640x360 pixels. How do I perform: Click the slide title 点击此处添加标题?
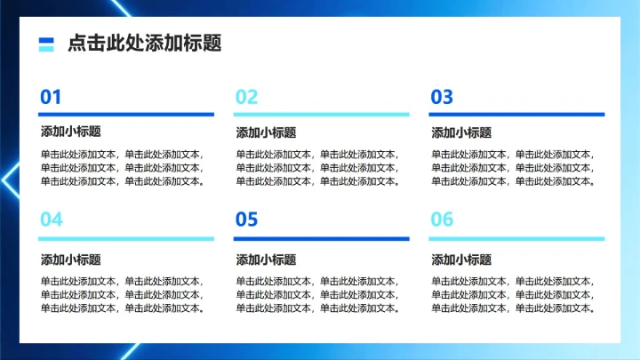[x=144, y=44]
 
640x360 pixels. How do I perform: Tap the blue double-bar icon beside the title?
[x=47, y=44]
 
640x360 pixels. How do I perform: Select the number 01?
[x=51, y=97]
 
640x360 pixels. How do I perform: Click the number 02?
[x=246, y=97]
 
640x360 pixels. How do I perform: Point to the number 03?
[x=442, y=97]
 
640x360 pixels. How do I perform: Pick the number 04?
[x=52, y=220]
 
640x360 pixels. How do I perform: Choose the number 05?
[x=246, y=220]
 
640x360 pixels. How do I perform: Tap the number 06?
[x=442, y=220]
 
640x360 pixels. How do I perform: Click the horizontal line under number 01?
[x=127, y=114]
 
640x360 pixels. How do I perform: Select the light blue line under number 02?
[x=322, y=114]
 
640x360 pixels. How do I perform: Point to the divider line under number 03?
[x=517, y=114]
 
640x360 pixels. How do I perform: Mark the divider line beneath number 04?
[x=127, y=238]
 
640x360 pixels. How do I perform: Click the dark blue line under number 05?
[x=322, y=238]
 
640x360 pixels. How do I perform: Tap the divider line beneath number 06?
[x=517, y=238]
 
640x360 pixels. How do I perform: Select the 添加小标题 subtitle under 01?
[x=70, y=132]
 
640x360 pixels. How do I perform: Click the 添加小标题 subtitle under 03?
[x=461, y=132]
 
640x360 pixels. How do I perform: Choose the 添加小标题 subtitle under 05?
[x=266, y=260]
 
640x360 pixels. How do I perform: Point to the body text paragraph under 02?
[x=318, y=167]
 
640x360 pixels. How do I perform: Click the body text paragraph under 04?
[x=123, y=294]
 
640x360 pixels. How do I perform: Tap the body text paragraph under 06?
[x=514, y=294]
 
